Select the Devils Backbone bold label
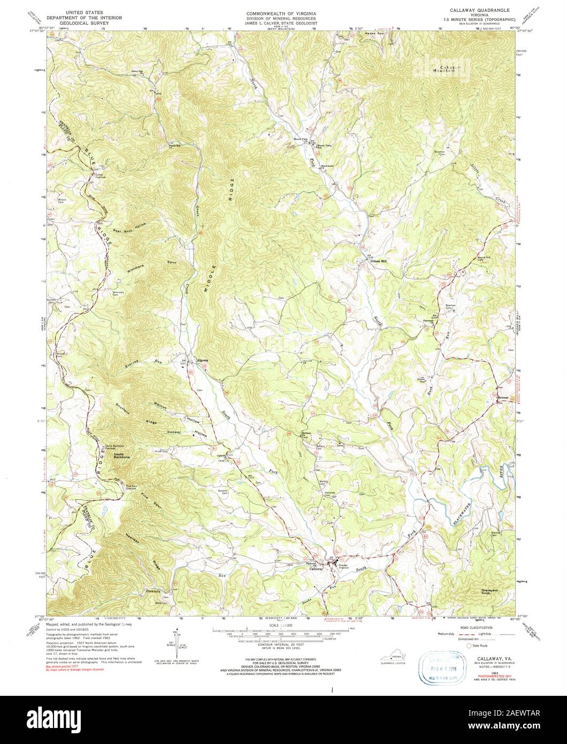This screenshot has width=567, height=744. [x=121, y=456]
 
